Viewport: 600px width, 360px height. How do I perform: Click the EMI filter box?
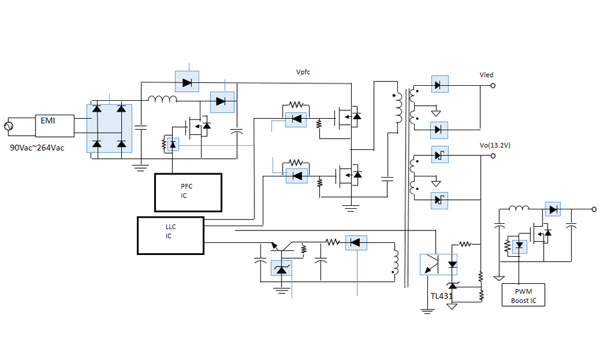click(x=55, y=125)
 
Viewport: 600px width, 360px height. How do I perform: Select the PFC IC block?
click(x=188, y=192)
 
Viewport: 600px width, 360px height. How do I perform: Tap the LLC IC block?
click(x=170, y=235)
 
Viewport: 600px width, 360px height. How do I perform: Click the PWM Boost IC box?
click(x=523, y=295)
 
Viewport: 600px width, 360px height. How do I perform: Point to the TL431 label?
click(x=441, y=296)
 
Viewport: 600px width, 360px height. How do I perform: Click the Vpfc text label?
click(x=303, y=72)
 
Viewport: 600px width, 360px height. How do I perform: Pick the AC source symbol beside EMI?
click(x=9, y=126)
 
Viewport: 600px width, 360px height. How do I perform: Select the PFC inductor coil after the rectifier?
click(x=163, y=99)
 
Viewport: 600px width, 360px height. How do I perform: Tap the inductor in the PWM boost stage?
click(x=518, y=209)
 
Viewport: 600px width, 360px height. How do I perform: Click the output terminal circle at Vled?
click(x=493, y=86)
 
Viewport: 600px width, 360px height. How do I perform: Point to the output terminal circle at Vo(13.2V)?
click(x=493, y=156)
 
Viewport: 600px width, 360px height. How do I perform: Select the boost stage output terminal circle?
click(x=594, y=209)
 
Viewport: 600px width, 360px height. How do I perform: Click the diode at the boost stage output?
click(x=553, y=209)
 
